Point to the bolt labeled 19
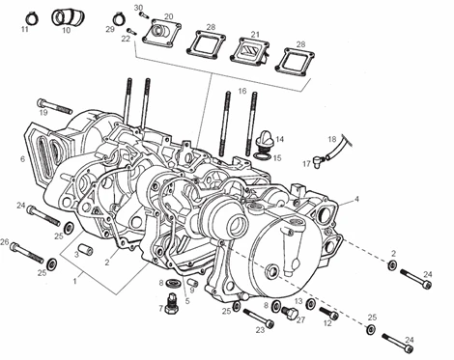55,106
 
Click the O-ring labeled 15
263,155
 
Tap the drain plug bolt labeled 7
172,303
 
